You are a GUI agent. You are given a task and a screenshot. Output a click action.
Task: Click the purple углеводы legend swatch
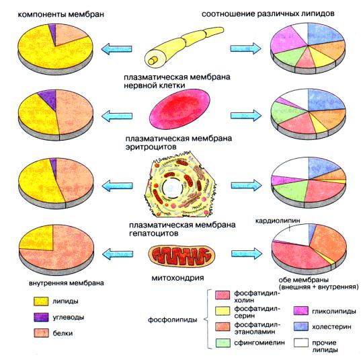tap(41, 317)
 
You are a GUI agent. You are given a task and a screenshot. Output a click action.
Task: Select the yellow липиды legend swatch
tap(41, 301)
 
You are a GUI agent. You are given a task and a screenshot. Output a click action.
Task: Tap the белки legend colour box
tap(41, 333)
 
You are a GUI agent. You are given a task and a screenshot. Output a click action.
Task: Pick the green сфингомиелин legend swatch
tap(223, 343)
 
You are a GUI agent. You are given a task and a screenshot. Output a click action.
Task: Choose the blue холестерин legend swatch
tap(301, 326)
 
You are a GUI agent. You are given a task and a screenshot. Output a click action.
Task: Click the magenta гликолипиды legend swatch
tap(301, 311)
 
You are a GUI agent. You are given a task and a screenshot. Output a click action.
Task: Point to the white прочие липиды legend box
tap(301, 343)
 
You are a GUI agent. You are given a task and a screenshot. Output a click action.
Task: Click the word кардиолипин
tap(278, 221)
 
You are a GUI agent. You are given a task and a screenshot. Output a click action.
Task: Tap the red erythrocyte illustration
tap(180, 109)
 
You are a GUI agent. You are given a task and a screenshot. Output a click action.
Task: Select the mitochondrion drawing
tap(182, 256)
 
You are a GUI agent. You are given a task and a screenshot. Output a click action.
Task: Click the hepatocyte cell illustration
tap(179, 185)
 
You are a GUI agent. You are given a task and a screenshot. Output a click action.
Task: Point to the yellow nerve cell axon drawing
tap(184, 47)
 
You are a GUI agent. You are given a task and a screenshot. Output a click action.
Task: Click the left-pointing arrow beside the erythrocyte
tap(117, 116)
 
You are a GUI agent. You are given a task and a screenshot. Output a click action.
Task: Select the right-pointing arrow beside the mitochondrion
tap(247, 254)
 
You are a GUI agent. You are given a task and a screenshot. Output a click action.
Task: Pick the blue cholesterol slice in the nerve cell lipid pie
tap(324, 34)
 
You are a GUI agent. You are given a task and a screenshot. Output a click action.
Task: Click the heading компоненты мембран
tap(61, 14)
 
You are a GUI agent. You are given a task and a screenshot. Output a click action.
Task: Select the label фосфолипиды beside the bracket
tap(173, 320)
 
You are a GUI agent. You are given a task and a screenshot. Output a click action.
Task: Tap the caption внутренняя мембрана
tap(67, 283)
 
